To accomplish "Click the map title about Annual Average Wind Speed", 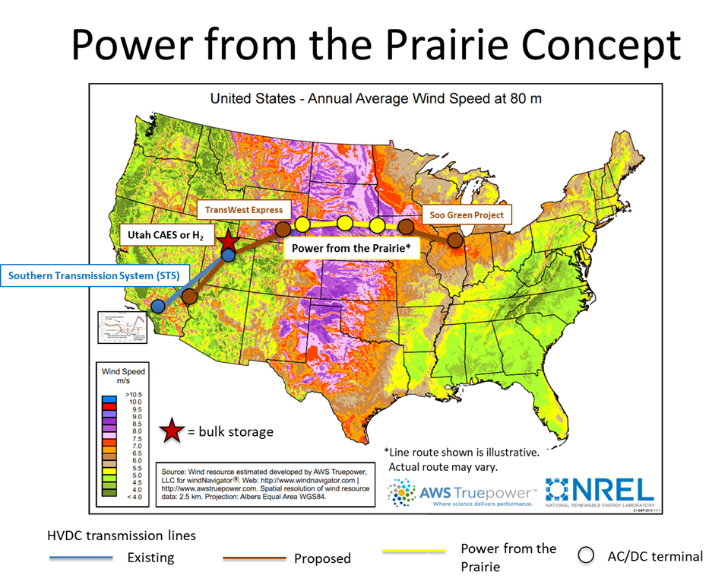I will point(375,99).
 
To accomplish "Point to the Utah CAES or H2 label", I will point(166,234).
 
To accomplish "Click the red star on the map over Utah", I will point(227,243).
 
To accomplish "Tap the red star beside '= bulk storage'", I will point(172,431).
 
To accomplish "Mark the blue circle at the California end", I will point(157,306).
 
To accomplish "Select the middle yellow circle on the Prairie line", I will point(345,223).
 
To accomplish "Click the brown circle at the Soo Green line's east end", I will point(454,240).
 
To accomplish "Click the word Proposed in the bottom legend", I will point(322,558).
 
